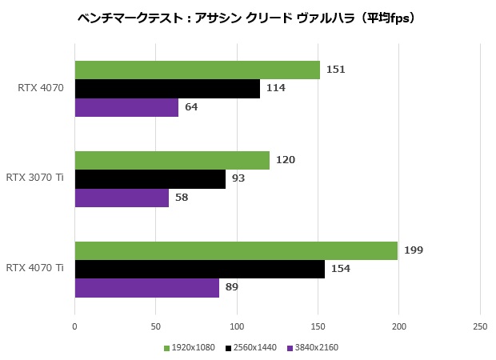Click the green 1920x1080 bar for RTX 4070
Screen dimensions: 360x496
pyautogui.click(x=197, y=70)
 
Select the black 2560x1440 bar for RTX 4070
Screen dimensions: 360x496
pyautogui.click(x=167, y=88)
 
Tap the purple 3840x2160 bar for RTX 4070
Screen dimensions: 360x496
pyautogui.click(x=126, y=107)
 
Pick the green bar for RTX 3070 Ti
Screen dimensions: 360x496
pyautogui.click(x=172, y=160)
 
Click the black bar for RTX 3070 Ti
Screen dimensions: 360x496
pyautogui.click(x=150, y=178)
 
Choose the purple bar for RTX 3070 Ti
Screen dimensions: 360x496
pyautogui.click(x=122, y=198)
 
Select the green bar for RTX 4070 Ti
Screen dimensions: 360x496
pyautogui.click(x=236, y=250)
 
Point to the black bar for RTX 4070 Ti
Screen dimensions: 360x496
pyautogui.click(x=199, y=269)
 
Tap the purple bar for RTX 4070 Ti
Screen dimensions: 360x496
pyautogui.click(x=146, y=287)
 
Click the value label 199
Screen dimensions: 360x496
pyautogui.click(x=414, y=250)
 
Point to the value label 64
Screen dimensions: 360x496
pyautogui.click(x=191, y=107)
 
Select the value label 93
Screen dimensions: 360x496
pyautogui.click(x=238, y=178)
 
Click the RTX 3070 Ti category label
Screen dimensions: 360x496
pyautogui.click(x=34, y=178)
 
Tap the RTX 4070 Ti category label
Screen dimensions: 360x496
pyautogui.click(x=34, y=268)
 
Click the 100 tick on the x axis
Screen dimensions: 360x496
pyautogui.click(x=237, y=326)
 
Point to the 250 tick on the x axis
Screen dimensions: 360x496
pyautogui.click(x=480, y=326)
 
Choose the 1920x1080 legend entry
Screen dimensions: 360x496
pyautogui.click(x=190, y=348)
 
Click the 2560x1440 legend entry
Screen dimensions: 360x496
pyautogui.click(x=252, y=348)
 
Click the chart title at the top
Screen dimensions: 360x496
pyautogui.click(x=247, y=17)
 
